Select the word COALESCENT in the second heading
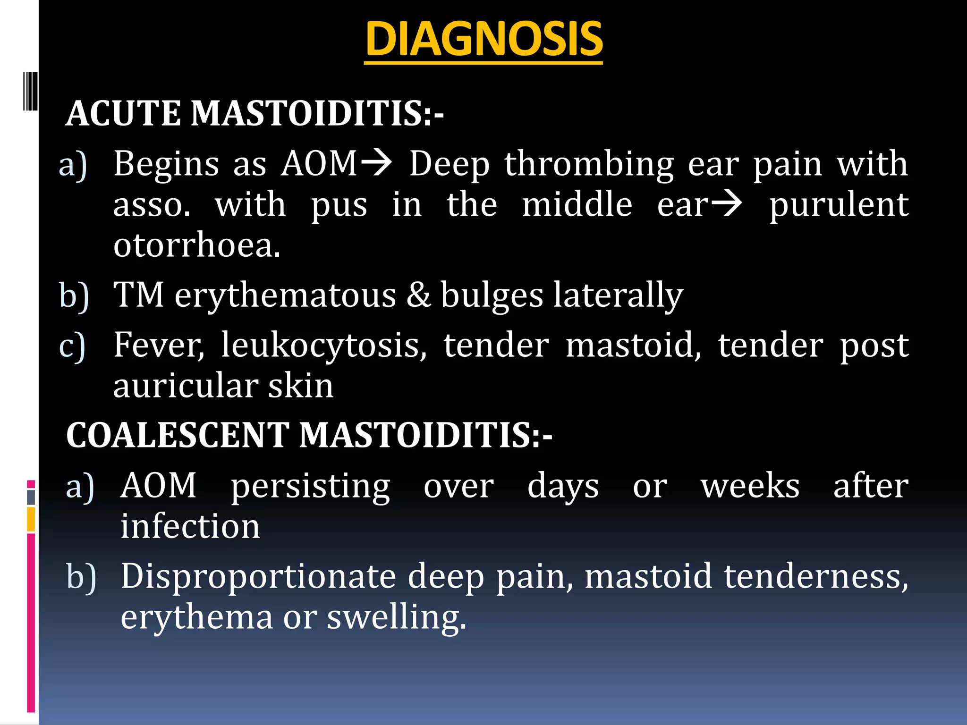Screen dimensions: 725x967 (x=178, y=435)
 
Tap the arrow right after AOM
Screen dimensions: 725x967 (x=376, y=163)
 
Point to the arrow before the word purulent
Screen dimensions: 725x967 (x=727, y=204)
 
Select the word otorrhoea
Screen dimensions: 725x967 (x=196, y=245)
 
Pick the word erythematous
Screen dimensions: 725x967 (x=285, y=295)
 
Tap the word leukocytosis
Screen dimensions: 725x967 (x=324, y=346)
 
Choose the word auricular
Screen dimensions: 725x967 (x=185, y=386)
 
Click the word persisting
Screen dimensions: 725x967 (x=310, y=486)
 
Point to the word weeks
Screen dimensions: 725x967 (x=750, y=486)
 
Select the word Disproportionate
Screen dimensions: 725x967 (x=258, y=576)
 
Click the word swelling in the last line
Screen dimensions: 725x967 (x=396, y=617)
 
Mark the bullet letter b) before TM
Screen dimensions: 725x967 (x=74, y=296)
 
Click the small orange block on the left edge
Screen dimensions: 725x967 (x=31, y=519)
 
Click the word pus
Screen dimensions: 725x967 (x=339, y=206)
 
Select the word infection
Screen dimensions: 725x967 (x=190, y=526)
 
